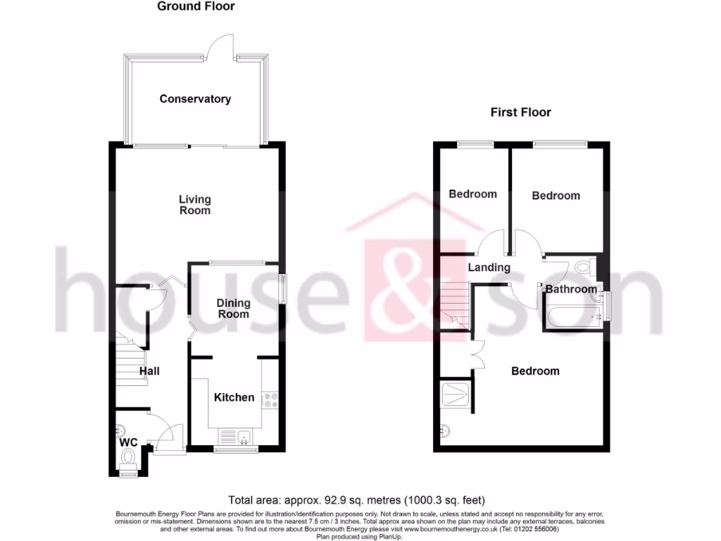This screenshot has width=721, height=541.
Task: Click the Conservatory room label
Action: click(195, 99)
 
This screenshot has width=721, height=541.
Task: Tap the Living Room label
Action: click(194, 205)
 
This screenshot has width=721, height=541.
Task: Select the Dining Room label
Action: click(233, 309)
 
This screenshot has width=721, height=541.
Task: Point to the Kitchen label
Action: click(234, 397)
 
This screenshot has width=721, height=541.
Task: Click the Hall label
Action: click(149, 371)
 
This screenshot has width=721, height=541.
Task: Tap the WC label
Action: click(128, 442)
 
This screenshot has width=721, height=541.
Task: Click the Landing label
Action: click(489, 267)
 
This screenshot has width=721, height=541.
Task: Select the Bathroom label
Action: click(571, 289)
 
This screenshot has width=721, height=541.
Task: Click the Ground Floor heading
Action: click(196, 6)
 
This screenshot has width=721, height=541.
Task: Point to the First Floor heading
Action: click(520, 112)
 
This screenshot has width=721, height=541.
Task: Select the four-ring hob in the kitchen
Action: click(270, 400)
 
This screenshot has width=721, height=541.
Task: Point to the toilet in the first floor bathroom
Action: click(583, 268)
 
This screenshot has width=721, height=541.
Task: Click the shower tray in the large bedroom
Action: click(455, 394)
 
